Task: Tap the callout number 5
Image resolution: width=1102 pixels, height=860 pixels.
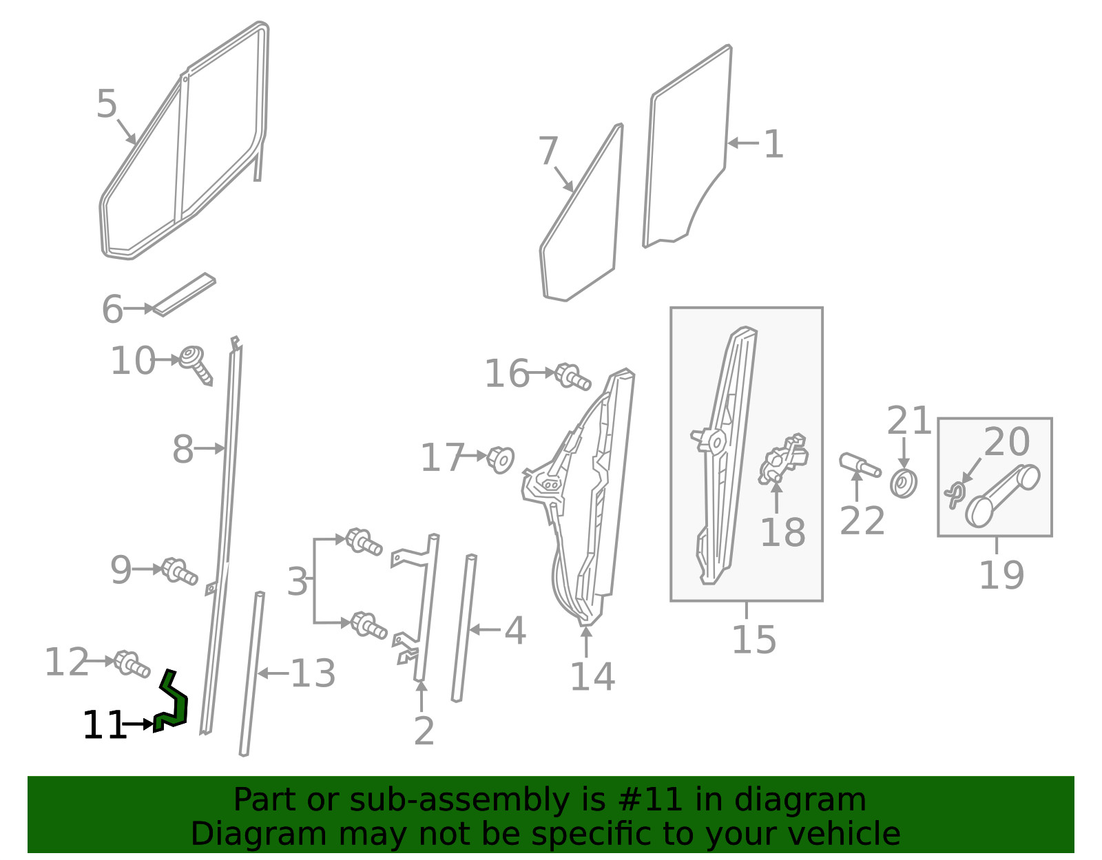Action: pos(107,104)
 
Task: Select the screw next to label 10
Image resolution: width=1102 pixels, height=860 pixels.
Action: pos(197,364)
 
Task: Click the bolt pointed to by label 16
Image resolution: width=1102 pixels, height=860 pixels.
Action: pos(573,377)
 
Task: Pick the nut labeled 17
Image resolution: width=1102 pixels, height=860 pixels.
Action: pos(501,460)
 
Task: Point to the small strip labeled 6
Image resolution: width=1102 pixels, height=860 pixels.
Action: pos(184,295)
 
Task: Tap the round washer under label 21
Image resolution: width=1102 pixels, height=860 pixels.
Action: pos(904,483)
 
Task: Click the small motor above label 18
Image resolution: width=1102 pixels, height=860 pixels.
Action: pos(783,459)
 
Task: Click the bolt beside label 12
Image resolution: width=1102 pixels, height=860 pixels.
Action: pos(132,663)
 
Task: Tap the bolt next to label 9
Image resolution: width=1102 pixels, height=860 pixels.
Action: pos(180,571)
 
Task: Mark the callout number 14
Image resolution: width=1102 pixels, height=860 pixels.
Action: pos(592,677)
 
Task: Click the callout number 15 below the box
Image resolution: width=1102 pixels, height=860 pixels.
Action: pos(754,640)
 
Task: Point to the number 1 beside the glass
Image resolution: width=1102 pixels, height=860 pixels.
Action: pos(774,144)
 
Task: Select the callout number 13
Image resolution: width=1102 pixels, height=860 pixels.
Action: pos(313,673)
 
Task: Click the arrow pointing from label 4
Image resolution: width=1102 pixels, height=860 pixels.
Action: pos(486,630)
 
